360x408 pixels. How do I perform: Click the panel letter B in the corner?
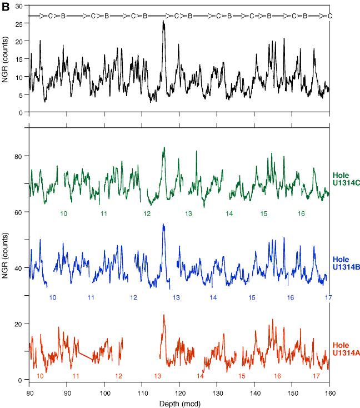(6, 6)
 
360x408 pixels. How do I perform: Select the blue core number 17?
(328, 298)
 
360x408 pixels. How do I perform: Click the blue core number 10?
(53, 298)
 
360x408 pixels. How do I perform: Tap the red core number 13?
(158, 376)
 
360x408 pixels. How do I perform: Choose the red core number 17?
(316, 376)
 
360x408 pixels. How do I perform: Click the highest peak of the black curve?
(163, 21)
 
